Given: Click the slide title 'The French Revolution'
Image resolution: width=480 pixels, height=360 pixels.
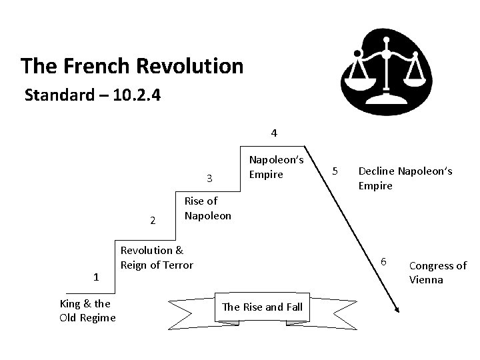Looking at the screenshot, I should (x=131, y=66).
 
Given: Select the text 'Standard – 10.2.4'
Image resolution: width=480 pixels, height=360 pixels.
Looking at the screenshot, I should (x=92, y=95).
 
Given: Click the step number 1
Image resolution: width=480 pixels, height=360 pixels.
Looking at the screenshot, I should (x=96, y=277).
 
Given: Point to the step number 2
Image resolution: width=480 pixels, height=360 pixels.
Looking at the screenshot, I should (x=153, y=221).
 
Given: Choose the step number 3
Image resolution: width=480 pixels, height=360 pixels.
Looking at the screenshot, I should (x=209, y=178).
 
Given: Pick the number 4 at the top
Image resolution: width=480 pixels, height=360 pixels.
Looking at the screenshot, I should (x=274, y=133).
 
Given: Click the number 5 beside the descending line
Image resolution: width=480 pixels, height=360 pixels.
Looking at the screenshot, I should (x=337, y=171).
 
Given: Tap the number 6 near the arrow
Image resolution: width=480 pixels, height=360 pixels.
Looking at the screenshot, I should (x=383, y=259).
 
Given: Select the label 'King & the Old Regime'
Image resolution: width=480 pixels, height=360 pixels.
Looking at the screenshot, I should (x=87, y=310).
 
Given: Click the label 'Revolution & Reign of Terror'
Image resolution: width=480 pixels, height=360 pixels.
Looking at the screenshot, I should (x=156, y=257).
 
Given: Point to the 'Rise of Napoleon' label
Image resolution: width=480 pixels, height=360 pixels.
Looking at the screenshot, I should (x=207, y=208).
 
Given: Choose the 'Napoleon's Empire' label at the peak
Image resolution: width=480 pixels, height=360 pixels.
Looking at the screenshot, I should (x=276, y=167).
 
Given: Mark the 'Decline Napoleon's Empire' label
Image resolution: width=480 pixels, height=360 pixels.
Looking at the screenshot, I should (x=405, y=179).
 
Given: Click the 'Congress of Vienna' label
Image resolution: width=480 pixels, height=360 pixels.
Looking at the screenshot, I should (x=437, y=273).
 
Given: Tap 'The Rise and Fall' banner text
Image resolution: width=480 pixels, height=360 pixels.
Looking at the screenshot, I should (x=262, y=307).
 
